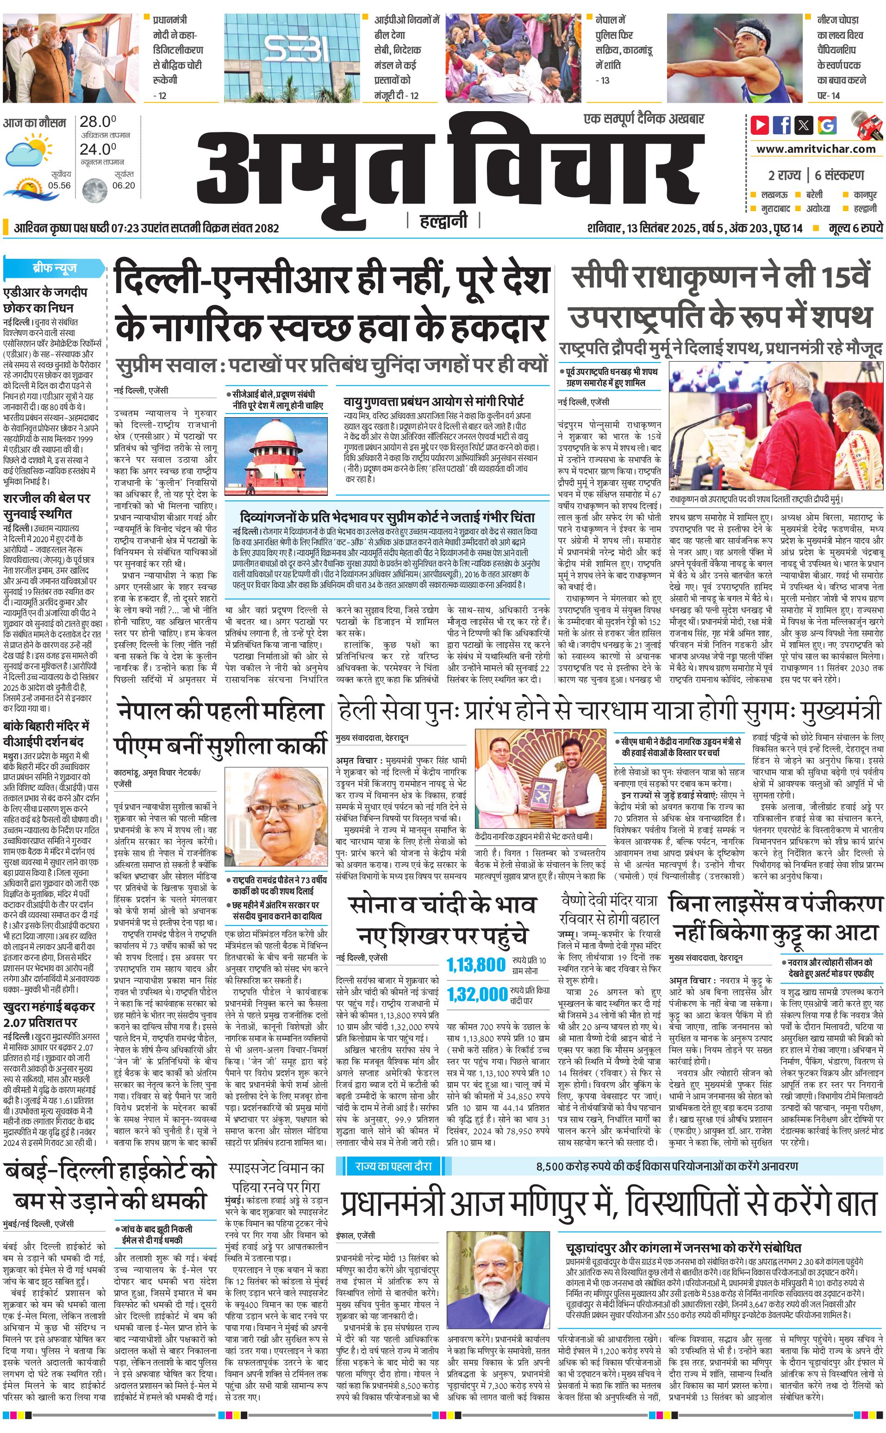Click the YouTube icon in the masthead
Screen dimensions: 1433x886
pyautogui.click(x=760, y=125)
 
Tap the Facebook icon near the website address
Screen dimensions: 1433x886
pyautogui.click(x=782, y=125)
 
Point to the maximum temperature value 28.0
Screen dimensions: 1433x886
pyautogui.click(x=98, y=122)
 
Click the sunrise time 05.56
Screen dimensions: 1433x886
pyautogui.click(x=60, y=185)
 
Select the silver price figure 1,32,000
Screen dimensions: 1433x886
pyautogui.click(x=477, y=994)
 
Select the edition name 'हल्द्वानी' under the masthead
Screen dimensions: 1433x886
pyautogui.click(x=443, y=221)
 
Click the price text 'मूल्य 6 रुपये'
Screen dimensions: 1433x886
pyautogui.click(x=855, y=228)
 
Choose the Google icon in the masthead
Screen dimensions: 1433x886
pyautogui.click(x=827, y=125)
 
